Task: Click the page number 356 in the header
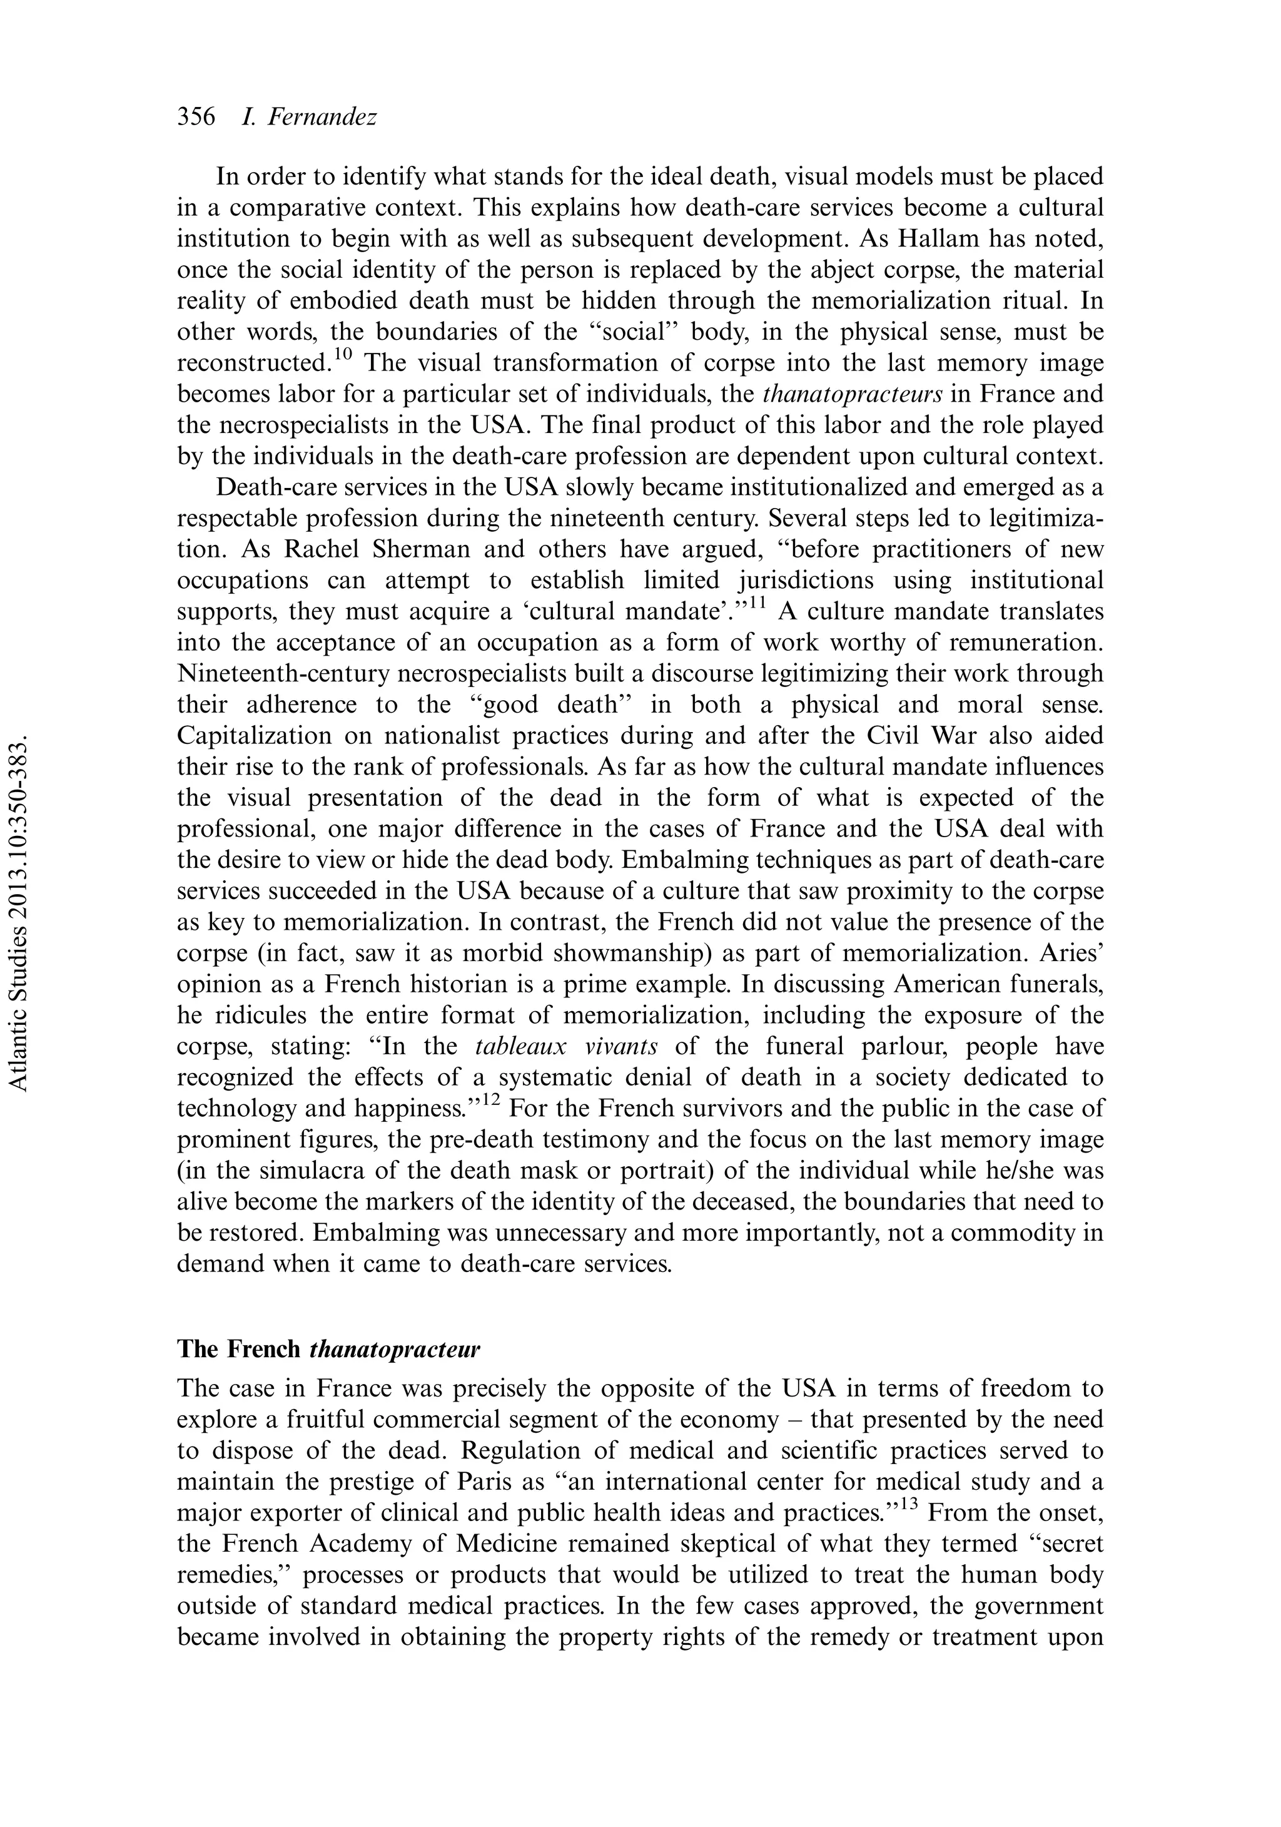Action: pos(196,117)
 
